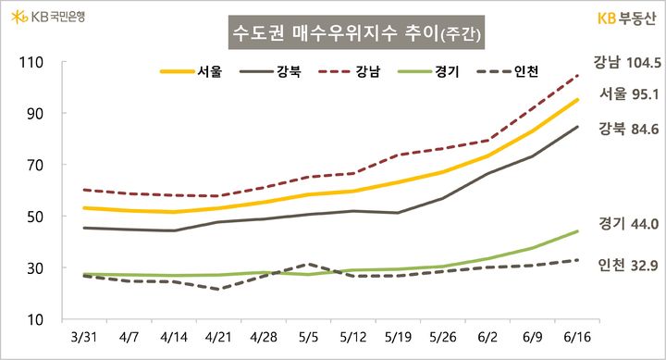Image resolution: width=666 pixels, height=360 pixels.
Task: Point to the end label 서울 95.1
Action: (x=629, y=93)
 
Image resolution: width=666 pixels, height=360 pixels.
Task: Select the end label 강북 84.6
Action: (x=629, y=129)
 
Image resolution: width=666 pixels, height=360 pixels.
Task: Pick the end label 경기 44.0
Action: (x=629, y=223)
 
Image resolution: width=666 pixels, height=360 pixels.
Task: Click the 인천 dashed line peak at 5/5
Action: (x=310, y=264)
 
